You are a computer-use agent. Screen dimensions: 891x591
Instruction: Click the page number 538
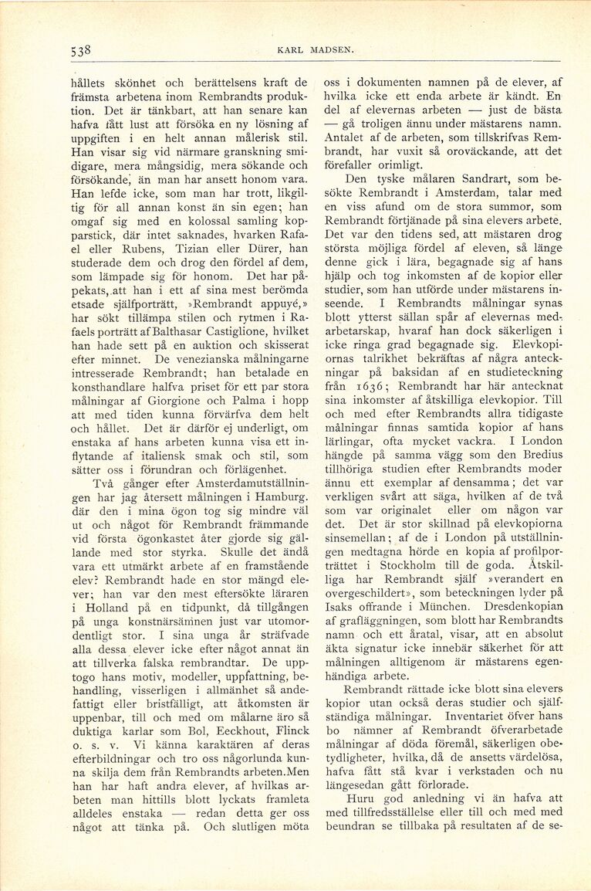pyautogui.click(x=80, y=50)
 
